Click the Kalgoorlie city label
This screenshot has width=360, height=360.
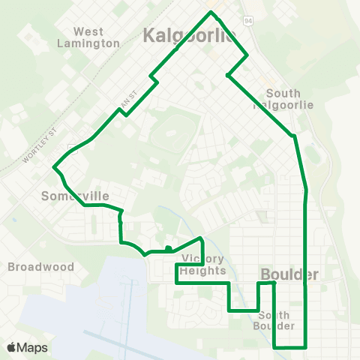point(189,34)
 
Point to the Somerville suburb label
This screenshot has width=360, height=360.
point(74,196)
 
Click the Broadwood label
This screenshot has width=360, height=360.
point(40,266)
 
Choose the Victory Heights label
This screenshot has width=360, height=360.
point(202,265)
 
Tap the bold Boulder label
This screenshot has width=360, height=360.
point(289,274)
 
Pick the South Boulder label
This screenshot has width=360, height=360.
point(274,320)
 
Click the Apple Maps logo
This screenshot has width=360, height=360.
point(27,347)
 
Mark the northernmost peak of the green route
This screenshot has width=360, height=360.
point(212,12)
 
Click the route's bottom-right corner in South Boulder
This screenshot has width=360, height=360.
point(306,346)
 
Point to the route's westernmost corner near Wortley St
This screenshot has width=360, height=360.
point(53,167)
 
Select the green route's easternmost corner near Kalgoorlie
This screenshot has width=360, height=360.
point(247,55)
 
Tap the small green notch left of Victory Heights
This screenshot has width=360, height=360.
point(169,248)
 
